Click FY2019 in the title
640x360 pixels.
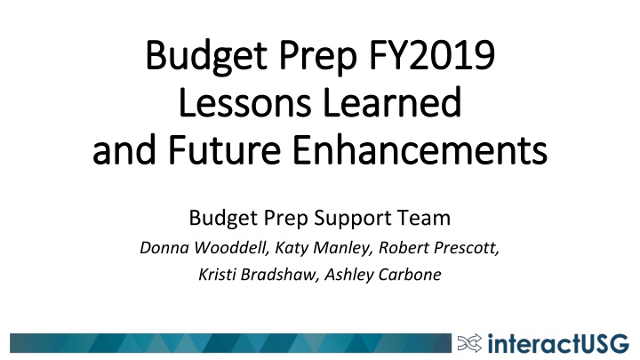coord(432,55)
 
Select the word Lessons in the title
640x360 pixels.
coord(245,102)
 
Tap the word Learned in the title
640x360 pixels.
coord(392,102)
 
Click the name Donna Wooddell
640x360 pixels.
coord(204,248)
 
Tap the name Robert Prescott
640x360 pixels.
coord(439,248)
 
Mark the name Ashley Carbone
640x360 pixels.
coord(383,275)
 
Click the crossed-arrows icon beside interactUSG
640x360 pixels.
coord(469,343)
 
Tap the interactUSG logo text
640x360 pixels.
coord(558,343)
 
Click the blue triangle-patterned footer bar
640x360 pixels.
coord(230,343)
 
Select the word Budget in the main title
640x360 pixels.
coord(206,56)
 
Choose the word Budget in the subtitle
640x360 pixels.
coord(223,219)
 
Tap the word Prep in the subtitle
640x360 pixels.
coord(285,219)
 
